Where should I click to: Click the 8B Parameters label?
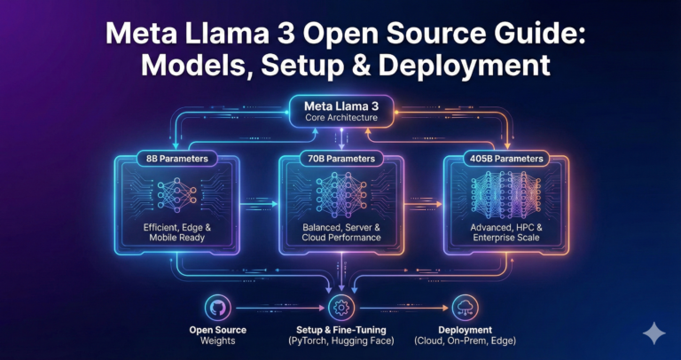pos(176,159)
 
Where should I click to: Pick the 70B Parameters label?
pos(340,159)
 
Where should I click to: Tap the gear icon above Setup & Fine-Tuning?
pos(340,308)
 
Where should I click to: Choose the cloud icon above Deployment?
pos(464,308)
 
